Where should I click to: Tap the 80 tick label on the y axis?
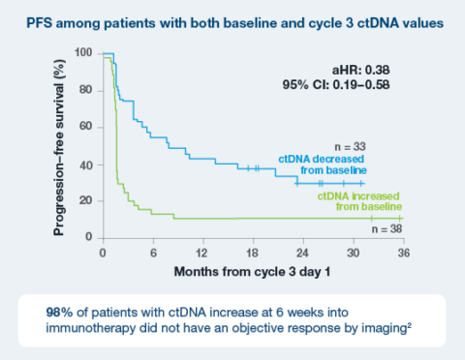(x=88, y=90)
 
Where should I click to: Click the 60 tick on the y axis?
(x=88, y=127)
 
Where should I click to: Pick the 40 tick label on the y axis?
(x=88, y=165)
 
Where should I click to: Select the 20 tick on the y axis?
(x=88, y=200)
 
